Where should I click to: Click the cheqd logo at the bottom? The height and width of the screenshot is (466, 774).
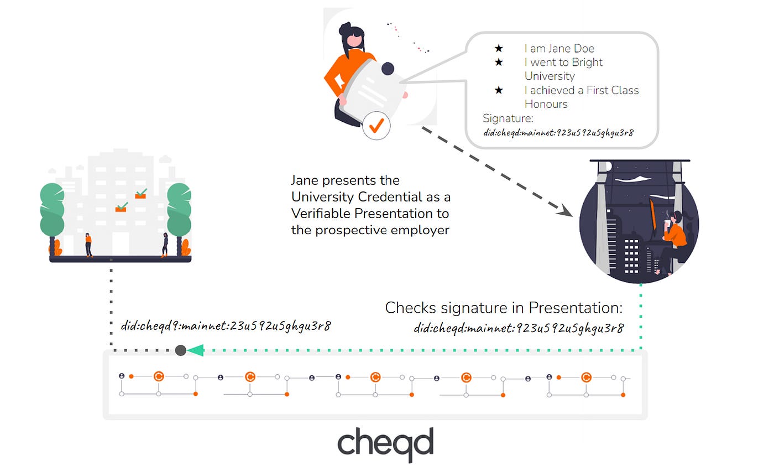click(385, 444)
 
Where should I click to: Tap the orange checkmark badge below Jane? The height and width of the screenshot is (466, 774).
click(376, 126)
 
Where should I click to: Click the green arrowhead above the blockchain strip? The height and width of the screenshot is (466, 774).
click(195, 350)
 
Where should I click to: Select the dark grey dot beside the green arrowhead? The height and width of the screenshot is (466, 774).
click(180, 350)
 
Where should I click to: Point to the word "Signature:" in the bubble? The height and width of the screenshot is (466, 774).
click(508, 118)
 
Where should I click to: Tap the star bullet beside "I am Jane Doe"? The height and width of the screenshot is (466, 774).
click(499, 48)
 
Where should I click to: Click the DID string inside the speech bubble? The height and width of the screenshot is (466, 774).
click(558, 133)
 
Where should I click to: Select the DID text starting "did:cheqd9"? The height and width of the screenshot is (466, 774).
click(226, 326)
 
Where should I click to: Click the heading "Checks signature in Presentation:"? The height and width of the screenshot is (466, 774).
click(504, 308)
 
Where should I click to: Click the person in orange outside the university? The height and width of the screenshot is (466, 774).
click(88, 245)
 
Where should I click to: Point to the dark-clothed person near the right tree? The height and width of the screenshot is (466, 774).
click(165, 245)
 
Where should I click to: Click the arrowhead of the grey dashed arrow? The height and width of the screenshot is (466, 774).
click(565, 210)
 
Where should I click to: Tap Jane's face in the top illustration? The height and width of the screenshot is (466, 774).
click(354, 40)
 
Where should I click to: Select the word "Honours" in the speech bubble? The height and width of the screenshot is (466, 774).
click(546, 104)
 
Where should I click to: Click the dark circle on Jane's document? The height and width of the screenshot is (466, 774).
click(388, 69)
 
